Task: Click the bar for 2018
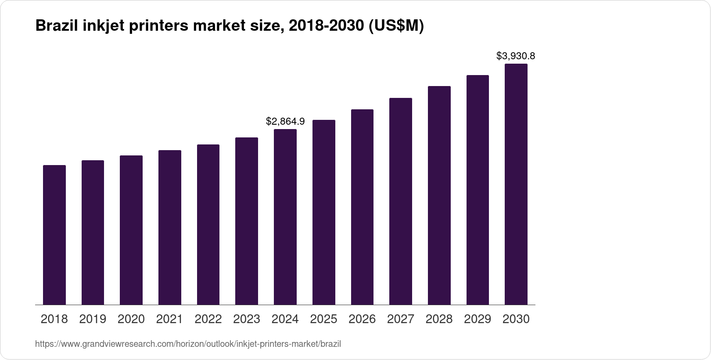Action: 54,235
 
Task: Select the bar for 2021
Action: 170,227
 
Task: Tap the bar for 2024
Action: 285,217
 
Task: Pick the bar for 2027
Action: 401,202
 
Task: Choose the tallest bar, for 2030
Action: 516,184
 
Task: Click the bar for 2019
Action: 93,233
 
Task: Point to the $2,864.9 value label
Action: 285,121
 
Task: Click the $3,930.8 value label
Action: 516,56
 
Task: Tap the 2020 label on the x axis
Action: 131,319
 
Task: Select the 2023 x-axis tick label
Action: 247,319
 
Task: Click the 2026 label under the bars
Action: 362,319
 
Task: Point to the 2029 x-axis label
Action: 478,319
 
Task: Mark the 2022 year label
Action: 208,319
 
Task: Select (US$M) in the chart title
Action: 396,26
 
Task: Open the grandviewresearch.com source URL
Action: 188,344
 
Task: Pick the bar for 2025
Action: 324,212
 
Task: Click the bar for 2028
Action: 439,195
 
